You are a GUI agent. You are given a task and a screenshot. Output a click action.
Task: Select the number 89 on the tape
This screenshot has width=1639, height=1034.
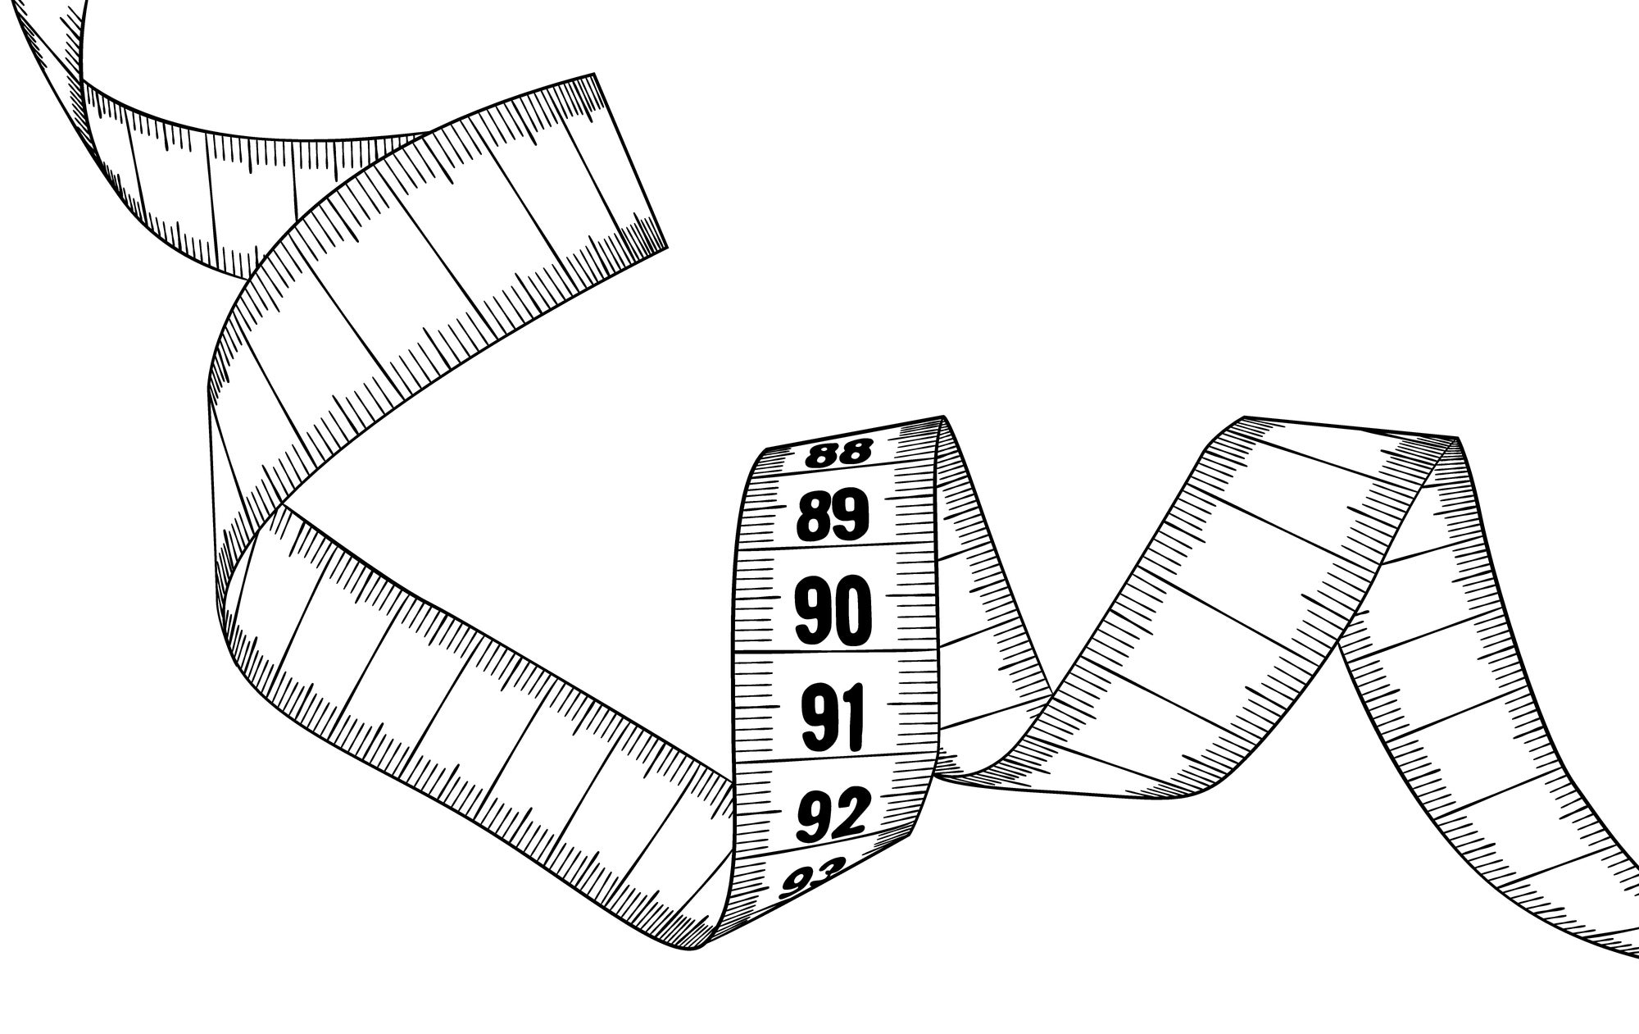tap(833, 515)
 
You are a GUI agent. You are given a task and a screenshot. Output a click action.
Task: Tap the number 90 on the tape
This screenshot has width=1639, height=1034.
tap(832, 611)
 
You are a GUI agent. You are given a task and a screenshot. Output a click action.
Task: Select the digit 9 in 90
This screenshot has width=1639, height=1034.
tap(813, 611)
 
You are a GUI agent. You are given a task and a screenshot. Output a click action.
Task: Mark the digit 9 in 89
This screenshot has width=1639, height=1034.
tap(851, 514)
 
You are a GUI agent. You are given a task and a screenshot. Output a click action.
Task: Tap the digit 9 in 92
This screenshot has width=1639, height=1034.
tap(815, 816)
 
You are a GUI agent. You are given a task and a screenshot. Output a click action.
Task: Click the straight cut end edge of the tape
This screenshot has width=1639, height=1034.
tap(631, 160)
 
